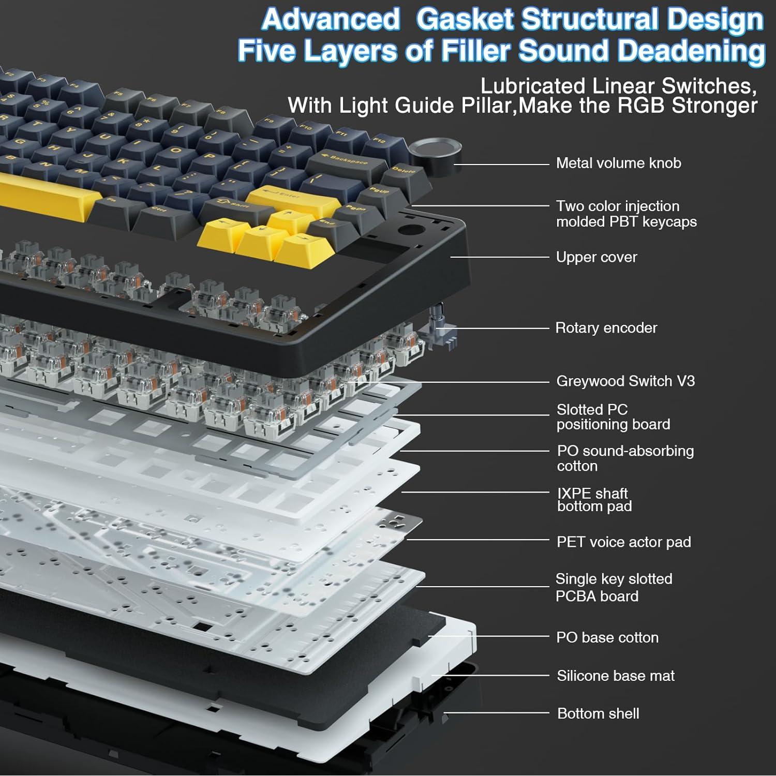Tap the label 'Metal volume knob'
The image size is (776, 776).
pyautogui.click(x=618, y=163)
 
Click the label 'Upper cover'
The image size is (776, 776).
pyautogui.click(x=596, y=257)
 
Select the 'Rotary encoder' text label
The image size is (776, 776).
pyautogui.click(x=606, y=328)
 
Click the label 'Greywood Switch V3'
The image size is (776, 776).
pyautogui.click(x=625, y=381)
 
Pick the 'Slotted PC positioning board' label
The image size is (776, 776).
pyautogui.click(x=613, y=417)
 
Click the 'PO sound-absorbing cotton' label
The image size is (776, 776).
pyautogui.click(x=625, y=458)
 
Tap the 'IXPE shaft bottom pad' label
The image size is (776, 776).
pyautogui.click(x=594, y=500)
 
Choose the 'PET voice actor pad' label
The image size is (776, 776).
pyautogui.click(x=623, y=542)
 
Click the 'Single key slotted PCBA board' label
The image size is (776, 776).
pyautogui.click(x=614, y=587)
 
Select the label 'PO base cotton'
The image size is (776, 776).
pyautogui.click(x=607, y=637)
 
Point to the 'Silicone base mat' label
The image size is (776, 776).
pyautogui.click(x=615, y=676)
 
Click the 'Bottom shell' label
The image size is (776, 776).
pyautogui.click(x=598, y=714)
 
